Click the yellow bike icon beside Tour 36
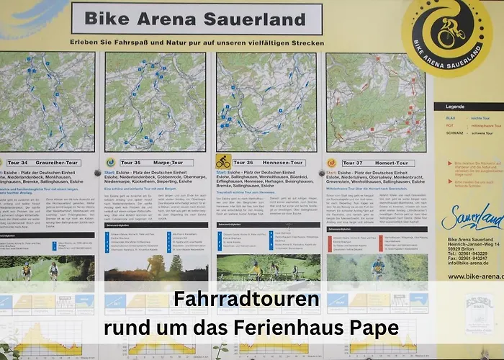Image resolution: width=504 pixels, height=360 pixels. [223, 162]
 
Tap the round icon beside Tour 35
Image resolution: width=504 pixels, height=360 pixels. [111, 163]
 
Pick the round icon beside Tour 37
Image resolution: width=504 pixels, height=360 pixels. [332, 163]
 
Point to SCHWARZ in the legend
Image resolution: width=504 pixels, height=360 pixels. [454, 133]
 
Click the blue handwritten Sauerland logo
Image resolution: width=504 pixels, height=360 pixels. [472, 217]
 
